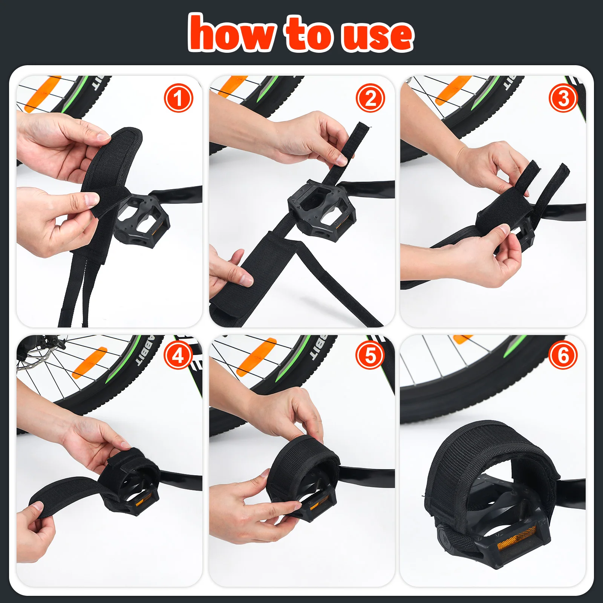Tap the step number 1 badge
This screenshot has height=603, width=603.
pos(178,98)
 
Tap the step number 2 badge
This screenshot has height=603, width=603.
pos(370,98)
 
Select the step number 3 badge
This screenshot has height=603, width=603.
pos(563,98)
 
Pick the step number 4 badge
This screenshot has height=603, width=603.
pos(178,355)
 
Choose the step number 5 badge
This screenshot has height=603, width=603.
pos(370,355)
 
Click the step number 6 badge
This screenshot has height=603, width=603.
pos(563,355)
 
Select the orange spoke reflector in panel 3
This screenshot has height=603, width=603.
pos(452,90)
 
